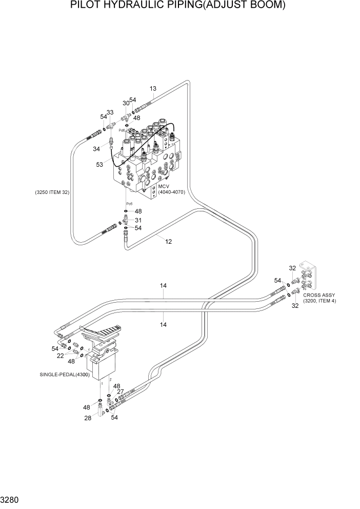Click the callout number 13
tap(153, 88)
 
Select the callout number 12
tap(168, 241)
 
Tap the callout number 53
tap(99, 164)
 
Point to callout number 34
tap(97, 149)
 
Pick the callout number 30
tap(126, 103)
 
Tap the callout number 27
tap(121, 391)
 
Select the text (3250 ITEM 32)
tap(52, 192)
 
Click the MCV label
tap(164, 186)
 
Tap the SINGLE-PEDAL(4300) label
tap(64, 375)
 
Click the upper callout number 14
tap(164, 286)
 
